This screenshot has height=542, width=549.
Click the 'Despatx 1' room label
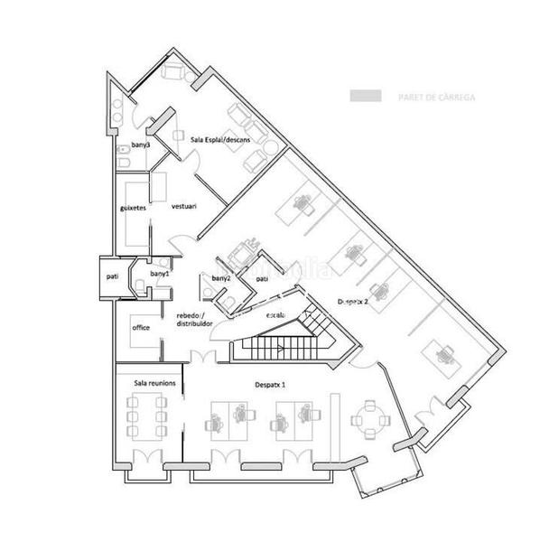click(x=271, y=385)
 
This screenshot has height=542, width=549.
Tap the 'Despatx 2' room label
click(x=352, y=301)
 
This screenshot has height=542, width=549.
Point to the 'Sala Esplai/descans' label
click(x=222, y=141)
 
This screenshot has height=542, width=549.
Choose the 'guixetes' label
click(x=134, y=207)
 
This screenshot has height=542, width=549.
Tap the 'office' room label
click(x=140, y=327)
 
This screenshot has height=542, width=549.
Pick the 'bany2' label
click(x=221, y=279)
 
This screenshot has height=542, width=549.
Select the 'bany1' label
click(x=160, y=273)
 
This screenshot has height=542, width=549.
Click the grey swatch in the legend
click(x=363, y=95)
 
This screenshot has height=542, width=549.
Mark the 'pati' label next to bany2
click(x=262, y=280)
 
